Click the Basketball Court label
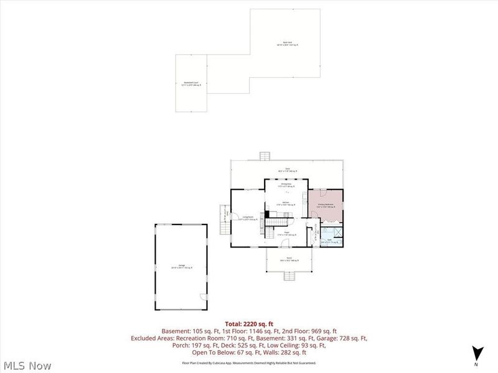(x=190, y=83)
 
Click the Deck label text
(x=288, y=170)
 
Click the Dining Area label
(x=286, y=183)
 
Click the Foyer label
(x=287, y=234)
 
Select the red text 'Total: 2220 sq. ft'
(x=249, y=324)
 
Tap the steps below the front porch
(x=288, y=275)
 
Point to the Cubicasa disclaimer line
(x=249, y=362)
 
